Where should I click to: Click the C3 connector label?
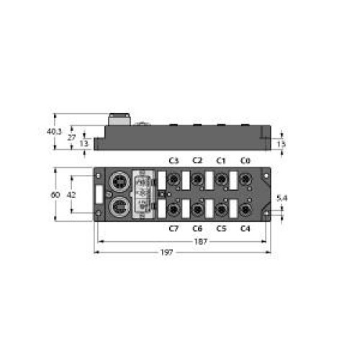click(174, 161)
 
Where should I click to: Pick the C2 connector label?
click(197, 161)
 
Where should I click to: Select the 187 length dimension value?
click(199, 242)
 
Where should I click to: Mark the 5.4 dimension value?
click(283, 197)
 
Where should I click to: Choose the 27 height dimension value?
click(72, 137)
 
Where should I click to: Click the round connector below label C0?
click(245, 179)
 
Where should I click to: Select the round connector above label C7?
click(174, 210)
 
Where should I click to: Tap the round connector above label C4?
click(245, 210)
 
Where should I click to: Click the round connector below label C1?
click(221, 179)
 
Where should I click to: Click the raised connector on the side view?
click(117, 120)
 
